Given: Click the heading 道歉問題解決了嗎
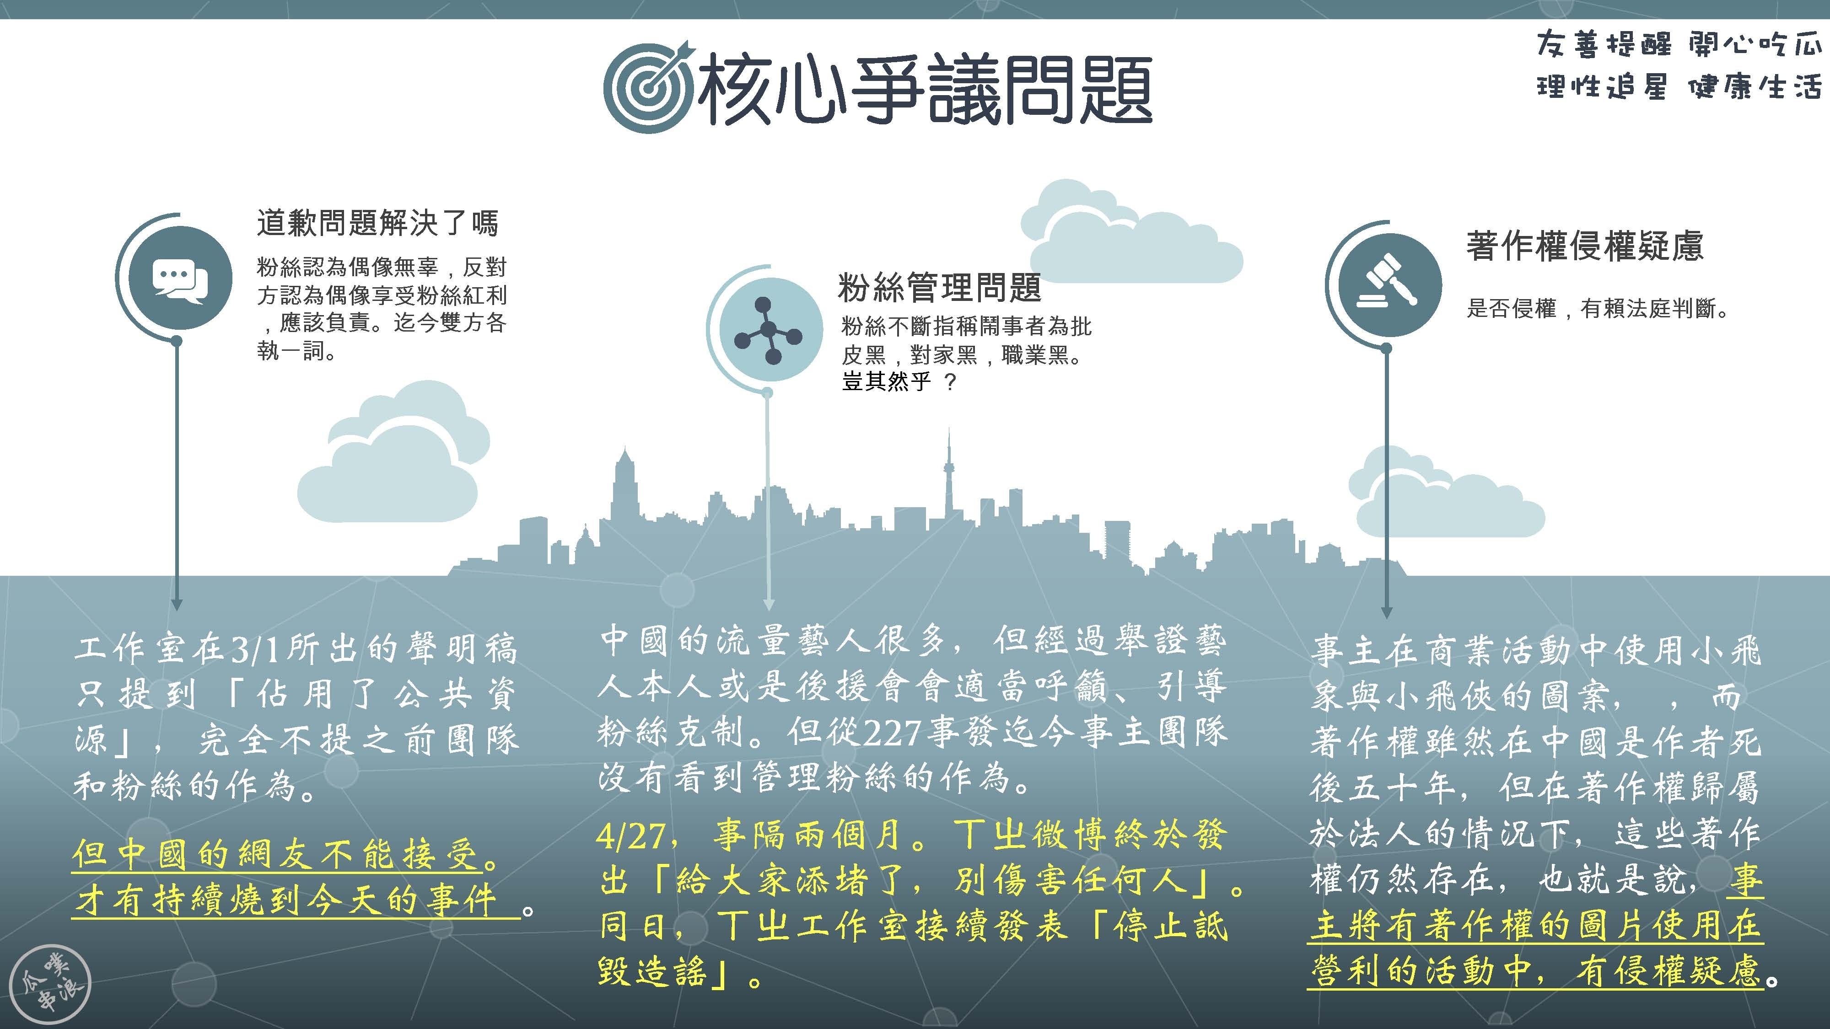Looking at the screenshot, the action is click(x=377, y=223).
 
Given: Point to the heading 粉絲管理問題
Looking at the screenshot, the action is click(x=939, y=288).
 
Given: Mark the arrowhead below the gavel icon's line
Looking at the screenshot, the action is click(x=1386, y=613).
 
